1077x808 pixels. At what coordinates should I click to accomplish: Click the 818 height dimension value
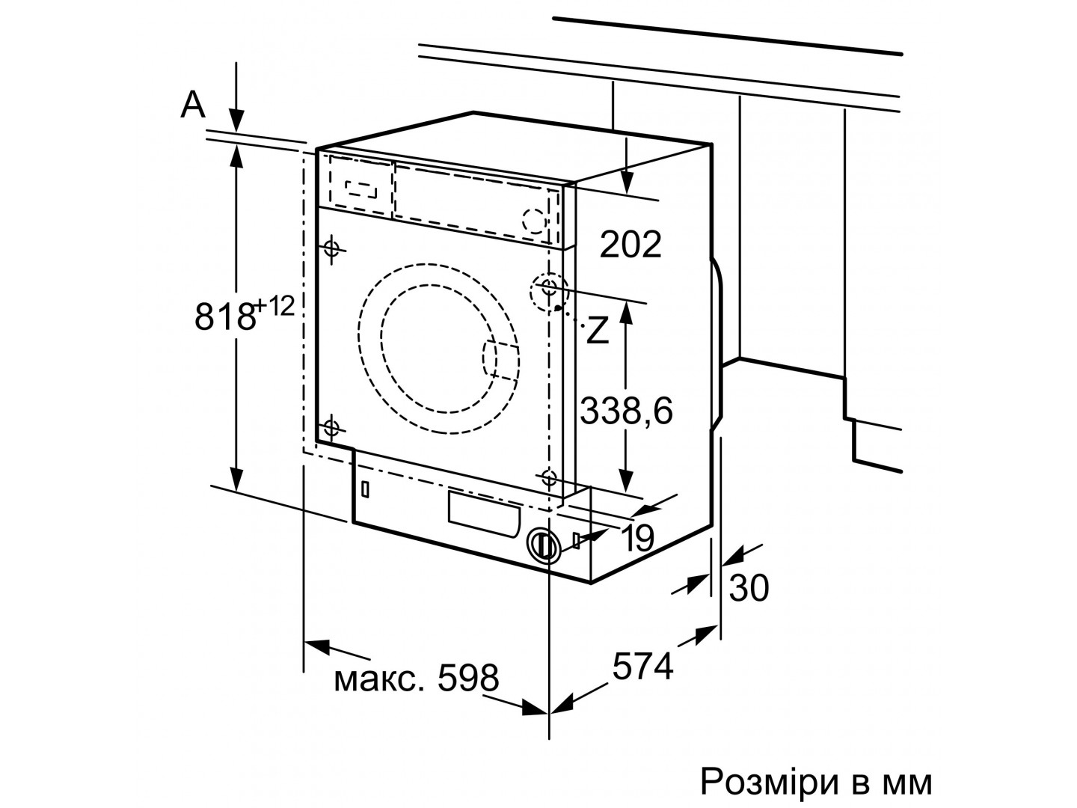[225, 317]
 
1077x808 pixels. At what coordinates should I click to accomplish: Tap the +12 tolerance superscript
[274, 307]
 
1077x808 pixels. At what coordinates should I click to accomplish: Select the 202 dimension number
[630, 245]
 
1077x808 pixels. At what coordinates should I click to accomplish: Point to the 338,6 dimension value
[627, 411]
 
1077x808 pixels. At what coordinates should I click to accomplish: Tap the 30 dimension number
[749, 588]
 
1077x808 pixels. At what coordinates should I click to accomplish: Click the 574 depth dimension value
[643, 666]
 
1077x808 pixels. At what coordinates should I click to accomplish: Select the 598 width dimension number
[468, 678]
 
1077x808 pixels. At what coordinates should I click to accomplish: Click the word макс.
[378, 680]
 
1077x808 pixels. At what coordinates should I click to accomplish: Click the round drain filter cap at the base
[544, 545]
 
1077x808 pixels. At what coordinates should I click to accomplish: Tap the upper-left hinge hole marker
[332, 248]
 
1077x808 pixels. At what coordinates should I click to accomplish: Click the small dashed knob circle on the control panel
[534, 221]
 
